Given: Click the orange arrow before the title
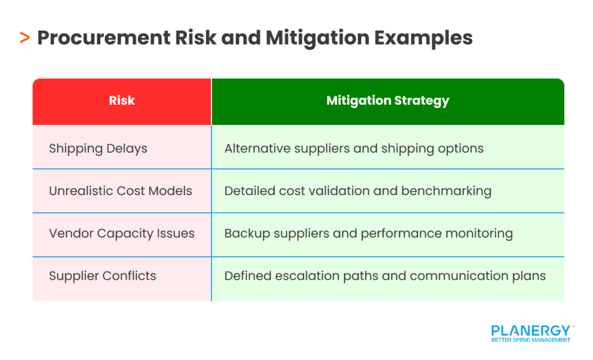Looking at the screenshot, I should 24,38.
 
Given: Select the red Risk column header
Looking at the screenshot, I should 122,101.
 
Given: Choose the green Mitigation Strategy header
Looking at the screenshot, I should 387,101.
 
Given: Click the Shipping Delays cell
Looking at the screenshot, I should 98,148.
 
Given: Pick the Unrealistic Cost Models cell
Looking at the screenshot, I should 120,191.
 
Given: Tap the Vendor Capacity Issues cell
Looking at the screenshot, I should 122,234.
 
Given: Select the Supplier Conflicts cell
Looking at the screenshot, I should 103,276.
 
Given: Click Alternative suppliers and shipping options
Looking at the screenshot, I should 354,148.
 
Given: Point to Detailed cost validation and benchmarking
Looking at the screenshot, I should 358,191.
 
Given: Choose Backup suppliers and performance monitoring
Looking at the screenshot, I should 368,234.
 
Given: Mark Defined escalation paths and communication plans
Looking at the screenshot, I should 385,276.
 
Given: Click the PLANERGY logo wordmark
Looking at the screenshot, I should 530,330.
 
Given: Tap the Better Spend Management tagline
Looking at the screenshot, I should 530,340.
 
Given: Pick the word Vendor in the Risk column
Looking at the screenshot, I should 68,234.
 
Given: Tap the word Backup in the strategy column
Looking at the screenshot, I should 244,234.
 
